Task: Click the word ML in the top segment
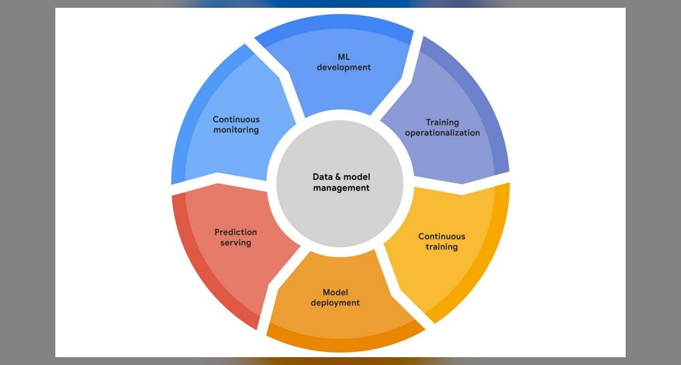pyautogui.click(x=344, y=57)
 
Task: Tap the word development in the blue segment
pyautogui.click(x=344, y=67)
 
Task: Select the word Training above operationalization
pyautogui.click(x=442, y=123)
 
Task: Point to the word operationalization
pyautogui.click(x=443, y=133)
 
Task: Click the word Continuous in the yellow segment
pyautogui.click(x=442, y=236)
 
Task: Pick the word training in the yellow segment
pyautogui.click(x=442, y=247)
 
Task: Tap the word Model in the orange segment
pyautogui.click(x=335, y=292)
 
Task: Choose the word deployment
pyautogui.click(x=335, y=303)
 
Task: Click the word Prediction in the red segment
pyautogui.click(x=235, y=232)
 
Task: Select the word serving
pyautogui.click(x=235, y=243)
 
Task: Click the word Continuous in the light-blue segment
pyautogui.click(x=236, y=119)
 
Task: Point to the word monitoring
pyautogui.click(x=236, y=130)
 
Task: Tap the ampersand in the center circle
pyautogui.click(x=337, y=177)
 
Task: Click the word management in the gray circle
pyautogui.click(x=341, y=188)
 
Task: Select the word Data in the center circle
pyautogui.click(x=322, y=177)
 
